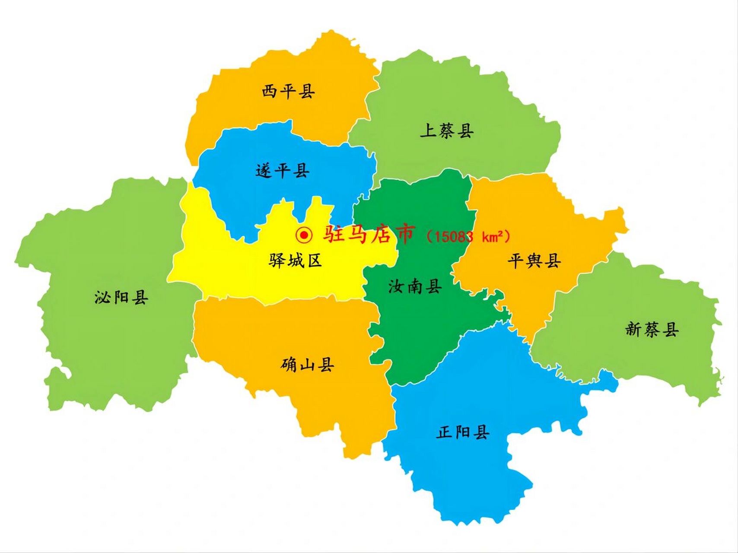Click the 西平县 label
coord(288,92)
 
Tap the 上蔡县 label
coord(447,130)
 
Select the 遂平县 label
coord(283,171)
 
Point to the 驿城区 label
coord(296,261)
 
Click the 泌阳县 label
coord(121,297)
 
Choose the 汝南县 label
coord(415,286)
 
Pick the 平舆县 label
coord(534,261)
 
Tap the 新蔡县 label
coord(652,330)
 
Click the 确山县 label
coord(307,365)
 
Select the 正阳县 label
coord(462,432)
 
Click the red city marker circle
coord(304,235)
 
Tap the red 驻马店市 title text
coord(369,234)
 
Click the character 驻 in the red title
coord(334,234)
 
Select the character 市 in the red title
coord(403,234)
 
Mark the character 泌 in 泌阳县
coord(102,297)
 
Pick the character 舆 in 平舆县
coord(534,261)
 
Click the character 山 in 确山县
coord(307,365)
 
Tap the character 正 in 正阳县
coord(444,432)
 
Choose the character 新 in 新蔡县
coord(633,330)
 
